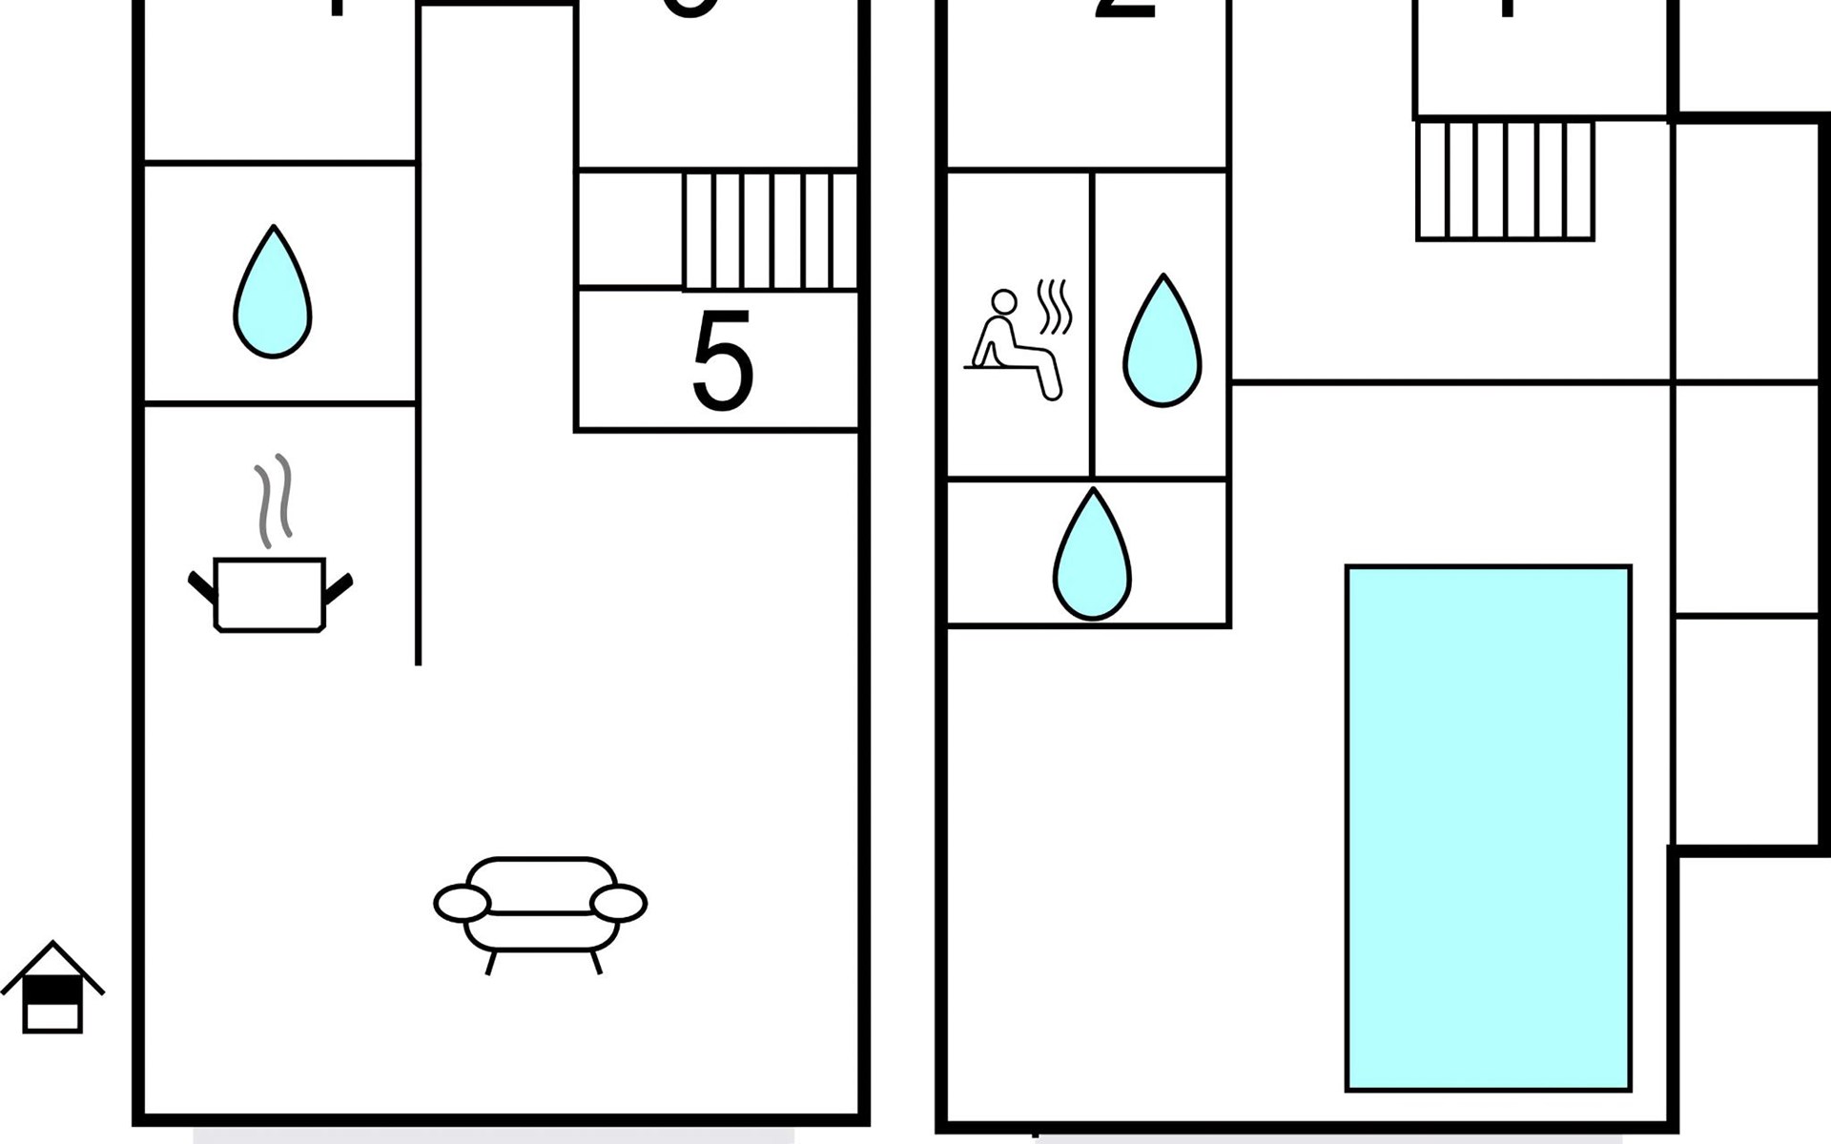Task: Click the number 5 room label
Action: point(722,362)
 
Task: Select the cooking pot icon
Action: point(270,594)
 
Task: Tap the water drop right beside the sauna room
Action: point(1162,343)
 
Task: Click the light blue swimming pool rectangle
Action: point(1488,827)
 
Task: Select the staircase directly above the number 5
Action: point(771,230)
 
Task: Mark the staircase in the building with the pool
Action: point(1505,180)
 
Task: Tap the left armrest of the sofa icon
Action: point(463,903)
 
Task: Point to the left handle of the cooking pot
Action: point(202,586)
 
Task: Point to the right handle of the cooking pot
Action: point(339,586)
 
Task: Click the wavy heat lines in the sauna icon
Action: point(1055,306)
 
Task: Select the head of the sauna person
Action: point(1003,302)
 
